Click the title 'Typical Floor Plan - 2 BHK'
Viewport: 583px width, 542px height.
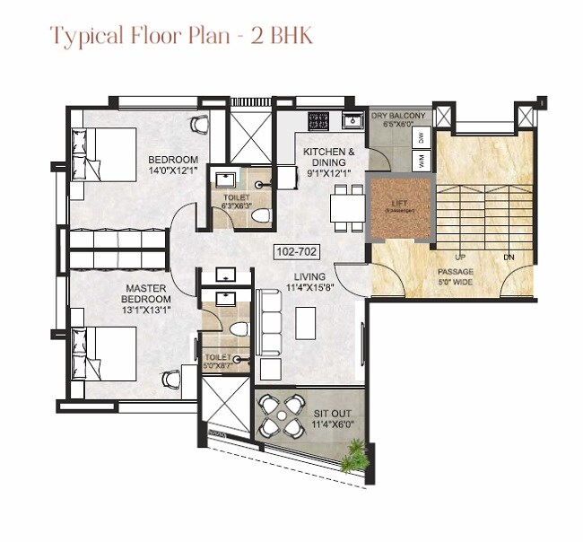(x=181, y=37)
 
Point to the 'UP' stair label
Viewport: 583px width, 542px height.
(x=459, y=256)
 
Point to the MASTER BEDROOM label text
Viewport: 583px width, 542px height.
(x=147, y=293)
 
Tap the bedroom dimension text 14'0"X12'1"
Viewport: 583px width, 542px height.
(x=173, y=170)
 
